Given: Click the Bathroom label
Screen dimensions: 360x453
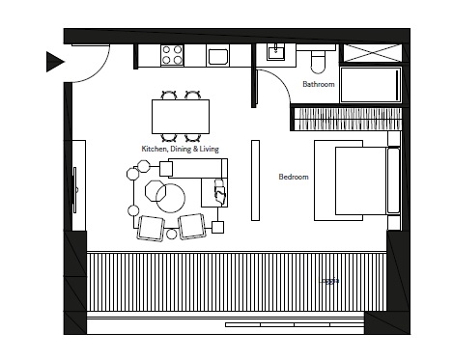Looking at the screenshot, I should point(319,85).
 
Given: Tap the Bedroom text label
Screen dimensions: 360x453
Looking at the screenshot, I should point(293,178).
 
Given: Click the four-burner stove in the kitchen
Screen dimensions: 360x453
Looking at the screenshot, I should point(172,55).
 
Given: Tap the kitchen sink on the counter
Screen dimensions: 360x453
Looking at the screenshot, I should point(217,56).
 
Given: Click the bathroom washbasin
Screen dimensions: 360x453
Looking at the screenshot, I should point(275,55).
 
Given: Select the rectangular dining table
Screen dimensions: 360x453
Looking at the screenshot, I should point(181,116).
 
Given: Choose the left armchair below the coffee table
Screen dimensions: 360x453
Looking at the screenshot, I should point(153,227).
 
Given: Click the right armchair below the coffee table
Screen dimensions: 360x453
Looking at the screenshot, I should point(192,227).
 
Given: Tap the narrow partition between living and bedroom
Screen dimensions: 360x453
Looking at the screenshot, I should point(256,179).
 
